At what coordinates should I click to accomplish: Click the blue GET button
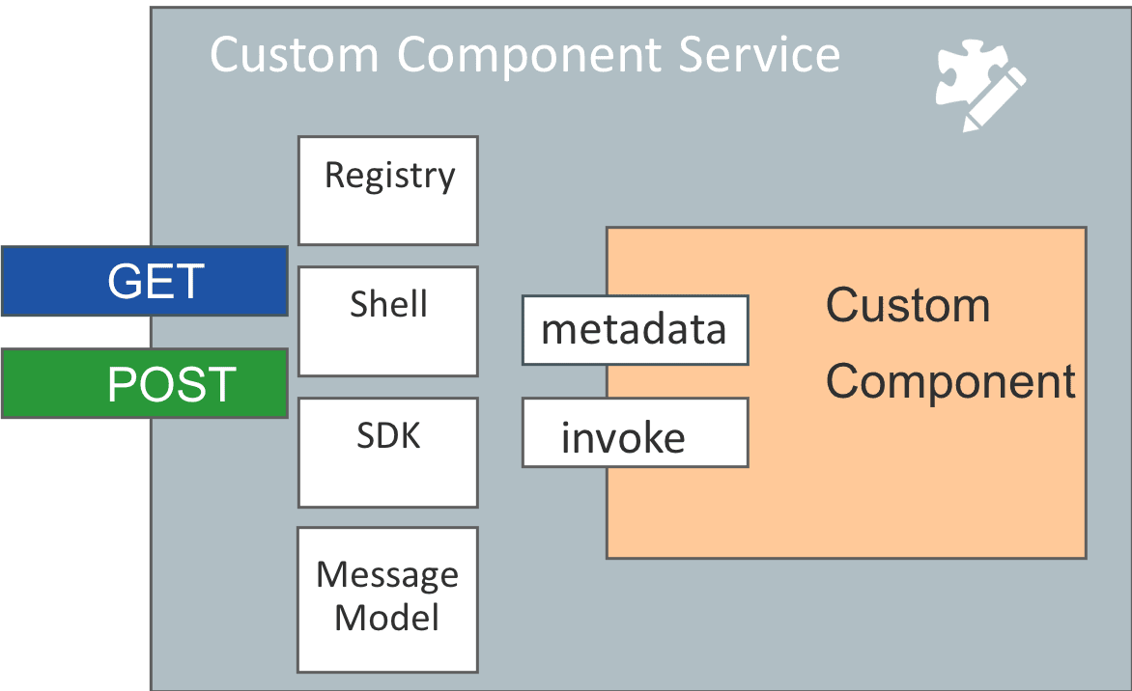click(x=144, y=281)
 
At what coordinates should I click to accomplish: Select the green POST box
click(x=144, y=383)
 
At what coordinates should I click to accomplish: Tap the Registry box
click(x=388, y=190)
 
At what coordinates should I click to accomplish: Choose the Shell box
click(x=388, y=321)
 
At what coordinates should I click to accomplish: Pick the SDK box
click(x=388, y=453)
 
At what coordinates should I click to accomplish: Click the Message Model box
click(x=387, y=600)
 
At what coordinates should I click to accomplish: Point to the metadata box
click(x=636, y=330)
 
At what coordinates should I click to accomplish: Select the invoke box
click(x=636, y=432)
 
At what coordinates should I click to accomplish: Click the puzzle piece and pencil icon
click(x=980, y=85)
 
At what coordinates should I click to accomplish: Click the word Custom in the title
click(x=295, y=55)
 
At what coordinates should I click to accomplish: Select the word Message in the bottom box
click(x=387, y=576)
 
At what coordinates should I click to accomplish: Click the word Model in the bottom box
click(x=387, y=618)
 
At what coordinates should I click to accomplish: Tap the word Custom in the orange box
click(x=908, y=305)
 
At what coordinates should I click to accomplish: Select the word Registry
click(x=390, y=177)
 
